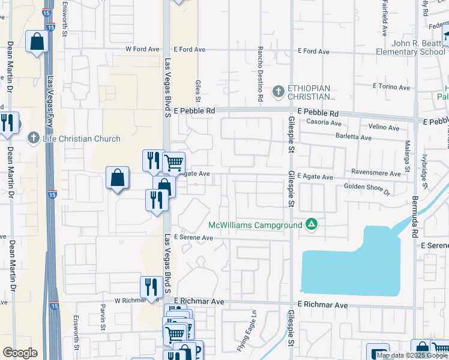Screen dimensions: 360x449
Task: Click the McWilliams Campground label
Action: (256, 225)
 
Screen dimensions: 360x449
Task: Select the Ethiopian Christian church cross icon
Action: (277, 92)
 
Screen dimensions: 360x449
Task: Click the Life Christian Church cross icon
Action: (34, 139)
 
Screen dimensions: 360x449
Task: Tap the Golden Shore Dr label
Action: (367, 190)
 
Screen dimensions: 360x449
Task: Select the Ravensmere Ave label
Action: (376, 173)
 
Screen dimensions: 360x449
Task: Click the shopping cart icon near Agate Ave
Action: (173, 161)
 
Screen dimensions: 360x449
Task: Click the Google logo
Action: (20, 353)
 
